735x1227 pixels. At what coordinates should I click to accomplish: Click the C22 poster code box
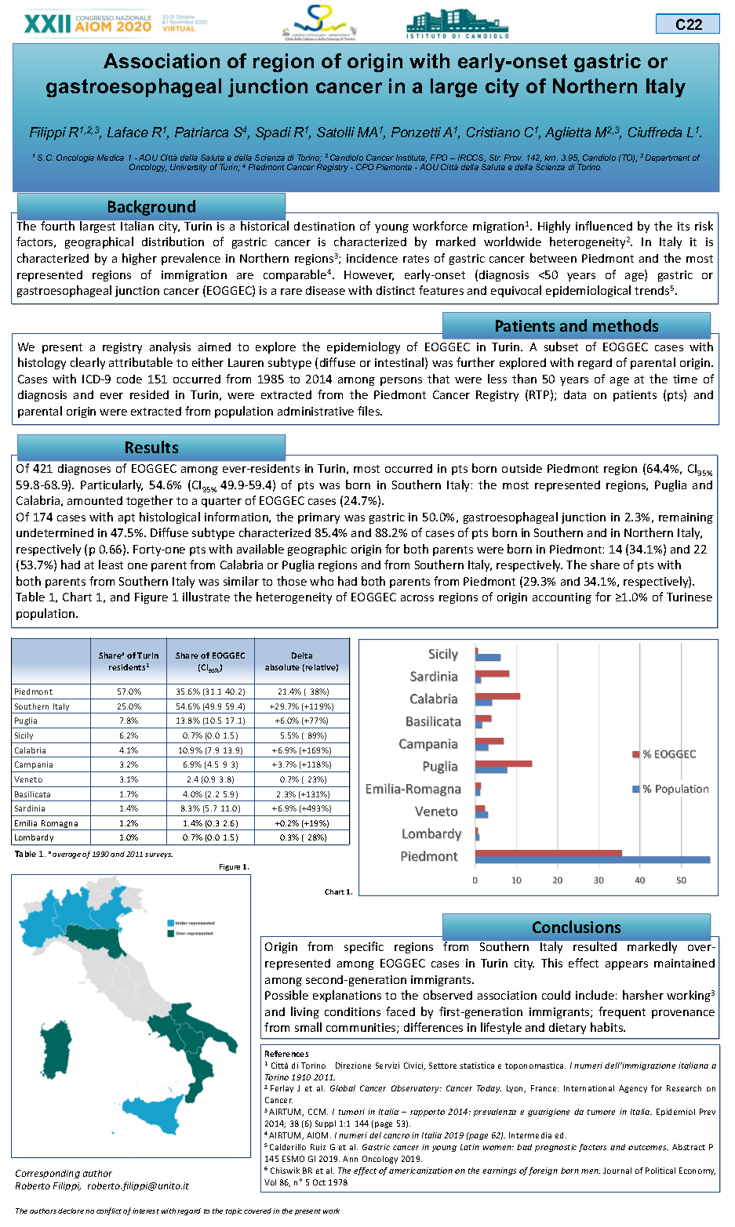click(688, 24)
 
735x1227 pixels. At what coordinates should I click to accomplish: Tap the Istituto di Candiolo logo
click(457, 24)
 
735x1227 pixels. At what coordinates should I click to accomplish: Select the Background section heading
click(151, 207)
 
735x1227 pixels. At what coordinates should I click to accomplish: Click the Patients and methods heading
click(576, 326)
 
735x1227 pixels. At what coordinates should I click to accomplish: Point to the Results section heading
click(151, 448)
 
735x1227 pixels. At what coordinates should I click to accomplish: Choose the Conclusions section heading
click(576, 928)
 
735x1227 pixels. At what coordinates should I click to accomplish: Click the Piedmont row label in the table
click(34, 692)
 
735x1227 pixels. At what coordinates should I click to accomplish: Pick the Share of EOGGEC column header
click(210, 661)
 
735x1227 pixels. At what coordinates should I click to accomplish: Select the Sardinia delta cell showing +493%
click(302, 808)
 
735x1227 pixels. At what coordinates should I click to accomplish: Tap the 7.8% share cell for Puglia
click(129, 721)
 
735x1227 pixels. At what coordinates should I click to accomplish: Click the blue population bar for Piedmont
click(592, 860)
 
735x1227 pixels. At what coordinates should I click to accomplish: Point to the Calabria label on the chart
click(433, 699)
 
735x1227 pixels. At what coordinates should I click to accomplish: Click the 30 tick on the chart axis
click(599, 880)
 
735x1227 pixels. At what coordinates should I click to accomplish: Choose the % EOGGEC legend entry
click(668, 754)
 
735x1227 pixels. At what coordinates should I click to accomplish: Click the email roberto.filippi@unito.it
click(138, 1186)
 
